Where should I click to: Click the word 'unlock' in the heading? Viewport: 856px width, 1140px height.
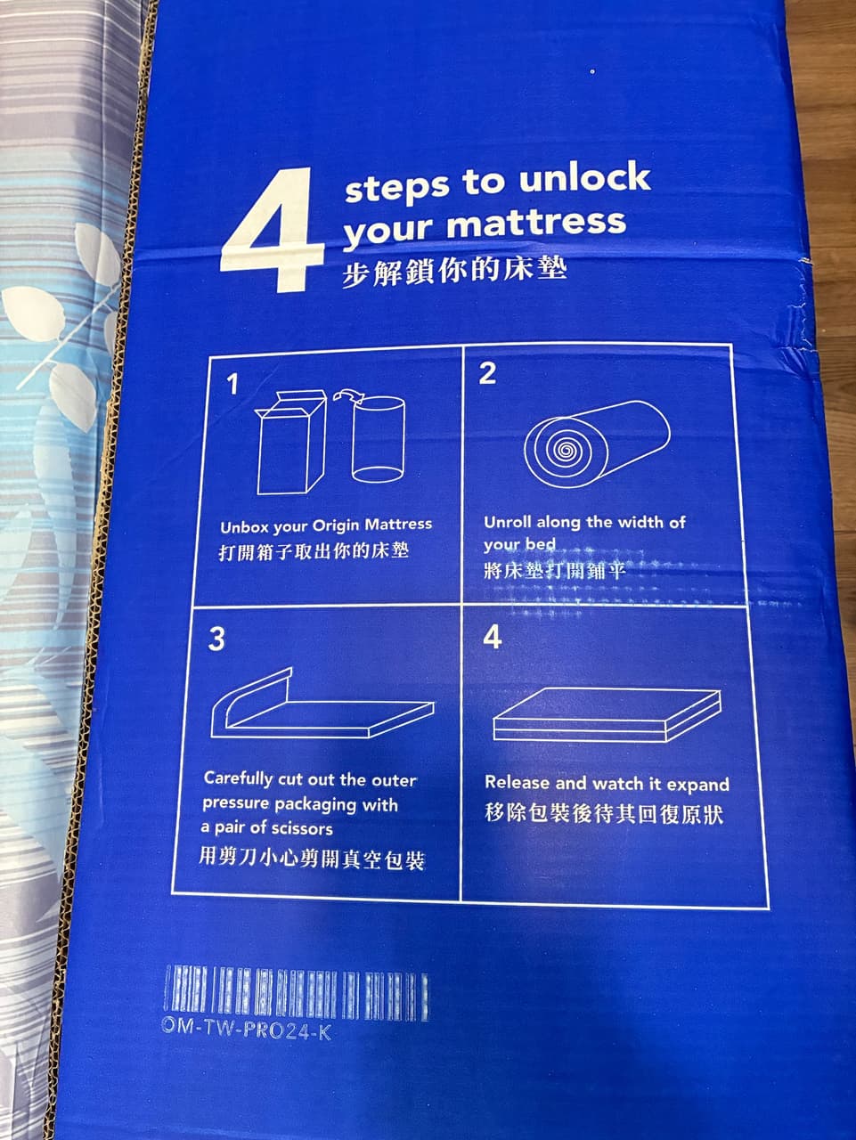pyautogui.click(x=584, y=177)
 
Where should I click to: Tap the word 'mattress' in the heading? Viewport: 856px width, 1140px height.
pyautogui.click(x=535, y=223)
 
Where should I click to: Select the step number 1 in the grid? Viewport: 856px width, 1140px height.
pyautogui.click(x=232, y=385)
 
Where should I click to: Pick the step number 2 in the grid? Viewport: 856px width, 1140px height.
pyautogui.click(x=487, y=373)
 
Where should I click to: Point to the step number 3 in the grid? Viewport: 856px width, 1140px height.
pyautogui.click(x=216, y=639)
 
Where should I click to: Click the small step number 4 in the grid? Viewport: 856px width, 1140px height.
pyautogui.click(x=493, y=638)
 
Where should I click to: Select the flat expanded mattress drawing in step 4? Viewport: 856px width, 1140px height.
pyautogui.click(x=607, y=714)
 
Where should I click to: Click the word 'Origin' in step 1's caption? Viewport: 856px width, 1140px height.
pyautogui.click(x=336, y=526)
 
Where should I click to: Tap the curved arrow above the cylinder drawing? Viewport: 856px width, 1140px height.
pyautogui.click(x=348, y=395)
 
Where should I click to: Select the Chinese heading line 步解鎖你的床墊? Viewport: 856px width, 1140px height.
pyautogui.click(x=454, y=272)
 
